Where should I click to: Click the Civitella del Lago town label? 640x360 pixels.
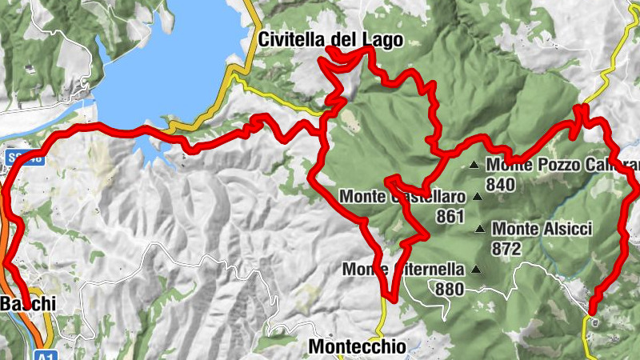click(x=330, y=39)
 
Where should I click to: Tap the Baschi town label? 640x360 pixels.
click(x=29, y=304)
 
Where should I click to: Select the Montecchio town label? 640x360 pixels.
click(x=357, y=346)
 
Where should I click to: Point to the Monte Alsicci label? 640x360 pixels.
click(x=542, y=230)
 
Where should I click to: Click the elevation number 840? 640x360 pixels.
click(x=502, y=184)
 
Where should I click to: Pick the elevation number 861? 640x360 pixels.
click(x=450, y=216)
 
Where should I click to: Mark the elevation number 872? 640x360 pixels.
click(x=506, y=249)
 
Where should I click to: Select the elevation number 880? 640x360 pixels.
click(x=450, y=289)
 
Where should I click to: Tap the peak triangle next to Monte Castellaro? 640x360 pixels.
click(x=478, y=196)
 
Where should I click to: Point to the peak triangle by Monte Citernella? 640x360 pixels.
click(x=478, y=270)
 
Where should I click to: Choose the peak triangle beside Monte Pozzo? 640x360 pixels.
click(x=474, y=166)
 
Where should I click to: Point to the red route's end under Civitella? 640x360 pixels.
click(x=330, y=50)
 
